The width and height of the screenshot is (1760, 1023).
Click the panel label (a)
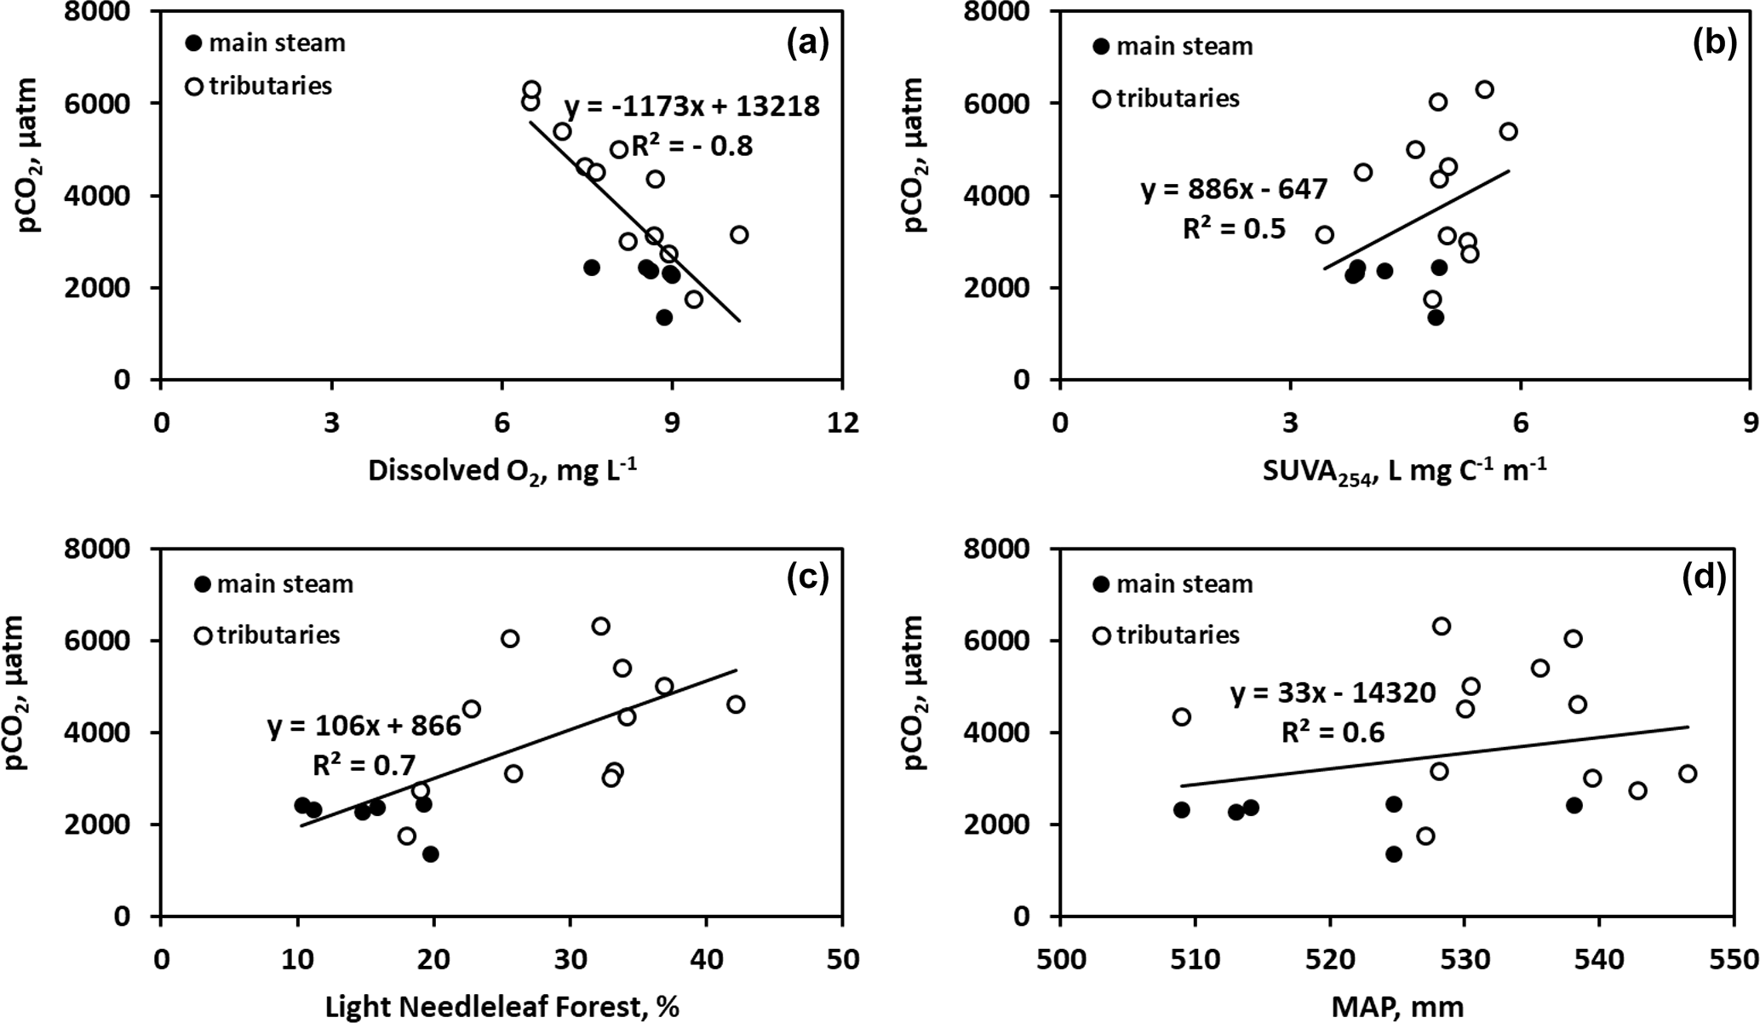point(807,43)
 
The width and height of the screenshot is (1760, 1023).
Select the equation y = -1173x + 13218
point(691,106)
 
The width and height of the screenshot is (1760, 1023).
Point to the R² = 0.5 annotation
point(1234,228)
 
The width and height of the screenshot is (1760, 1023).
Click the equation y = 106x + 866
point(364,726)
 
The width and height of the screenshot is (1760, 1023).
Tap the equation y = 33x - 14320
point(1333,693)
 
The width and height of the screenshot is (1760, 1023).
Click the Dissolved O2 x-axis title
point(502,470)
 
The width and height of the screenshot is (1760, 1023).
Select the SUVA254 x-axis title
point(1404,471)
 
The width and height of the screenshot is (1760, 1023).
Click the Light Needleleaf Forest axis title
point(502,1007)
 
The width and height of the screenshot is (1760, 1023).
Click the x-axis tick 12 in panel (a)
point(842,422)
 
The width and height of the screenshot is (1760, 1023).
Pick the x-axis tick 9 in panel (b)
point(1748,422)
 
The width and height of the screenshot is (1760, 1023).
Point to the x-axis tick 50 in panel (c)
point(841,959)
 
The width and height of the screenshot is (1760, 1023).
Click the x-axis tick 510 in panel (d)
point(1195,959)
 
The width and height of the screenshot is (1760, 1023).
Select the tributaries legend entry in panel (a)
point(260,86)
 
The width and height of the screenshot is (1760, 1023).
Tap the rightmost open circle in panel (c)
point(736,704)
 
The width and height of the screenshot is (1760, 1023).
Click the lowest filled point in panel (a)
point(664,317)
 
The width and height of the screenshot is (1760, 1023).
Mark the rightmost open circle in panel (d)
point(1688,773)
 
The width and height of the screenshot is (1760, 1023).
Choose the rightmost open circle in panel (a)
point(739,234)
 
